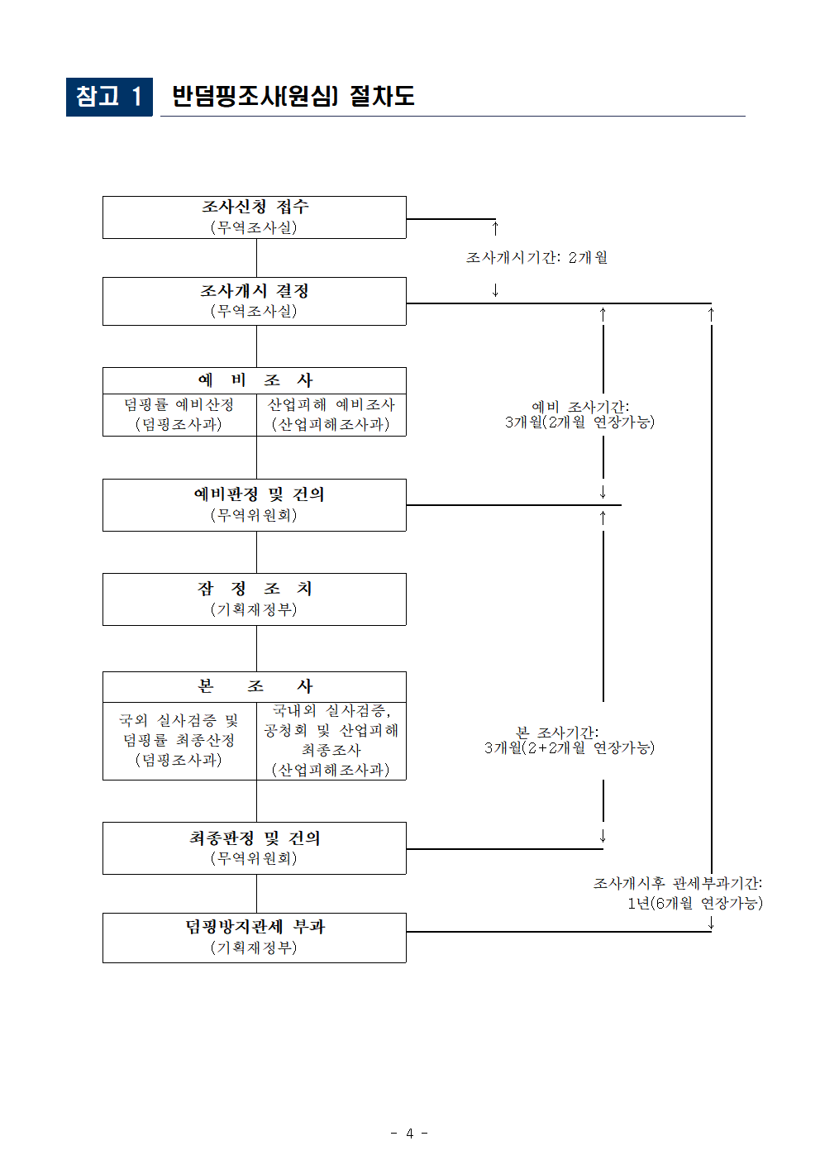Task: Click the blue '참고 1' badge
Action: (x=109, y=97)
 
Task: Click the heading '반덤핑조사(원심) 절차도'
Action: (x=293, y=96)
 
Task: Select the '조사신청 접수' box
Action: (x=255, y=217)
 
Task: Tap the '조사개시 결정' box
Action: (x=255, y=301)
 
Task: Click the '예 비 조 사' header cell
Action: (x=255, y=380)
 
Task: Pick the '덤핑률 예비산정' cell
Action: (x=179, y=414)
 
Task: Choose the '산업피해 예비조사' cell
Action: (x=331, y=414)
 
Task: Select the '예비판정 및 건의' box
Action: (x=255, y=504)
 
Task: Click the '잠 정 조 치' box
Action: (x=255, y=599)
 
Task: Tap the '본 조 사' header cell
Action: (x=255, y=686)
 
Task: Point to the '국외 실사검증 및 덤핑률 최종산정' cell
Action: (x=179, y=740)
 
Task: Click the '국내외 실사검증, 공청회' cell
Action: (x=331, y=740)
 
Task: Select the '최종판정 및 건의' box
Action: (x=255, y=847)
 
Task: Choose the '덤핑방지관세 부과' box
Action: (x=255, y=937)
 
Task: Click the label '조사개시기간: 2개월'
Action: (x=536, y=257)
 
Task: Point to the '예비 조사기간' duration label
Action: (x=579, y=414)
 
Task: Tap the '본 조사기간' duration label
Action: (x=569, y=740)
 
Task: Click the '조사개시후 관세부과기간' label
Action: (x=678, y=893)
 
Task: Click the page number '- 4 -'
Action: (x=409, y=1133)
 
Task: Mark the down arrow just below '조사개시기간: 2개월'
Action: (x=495, y=290)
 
